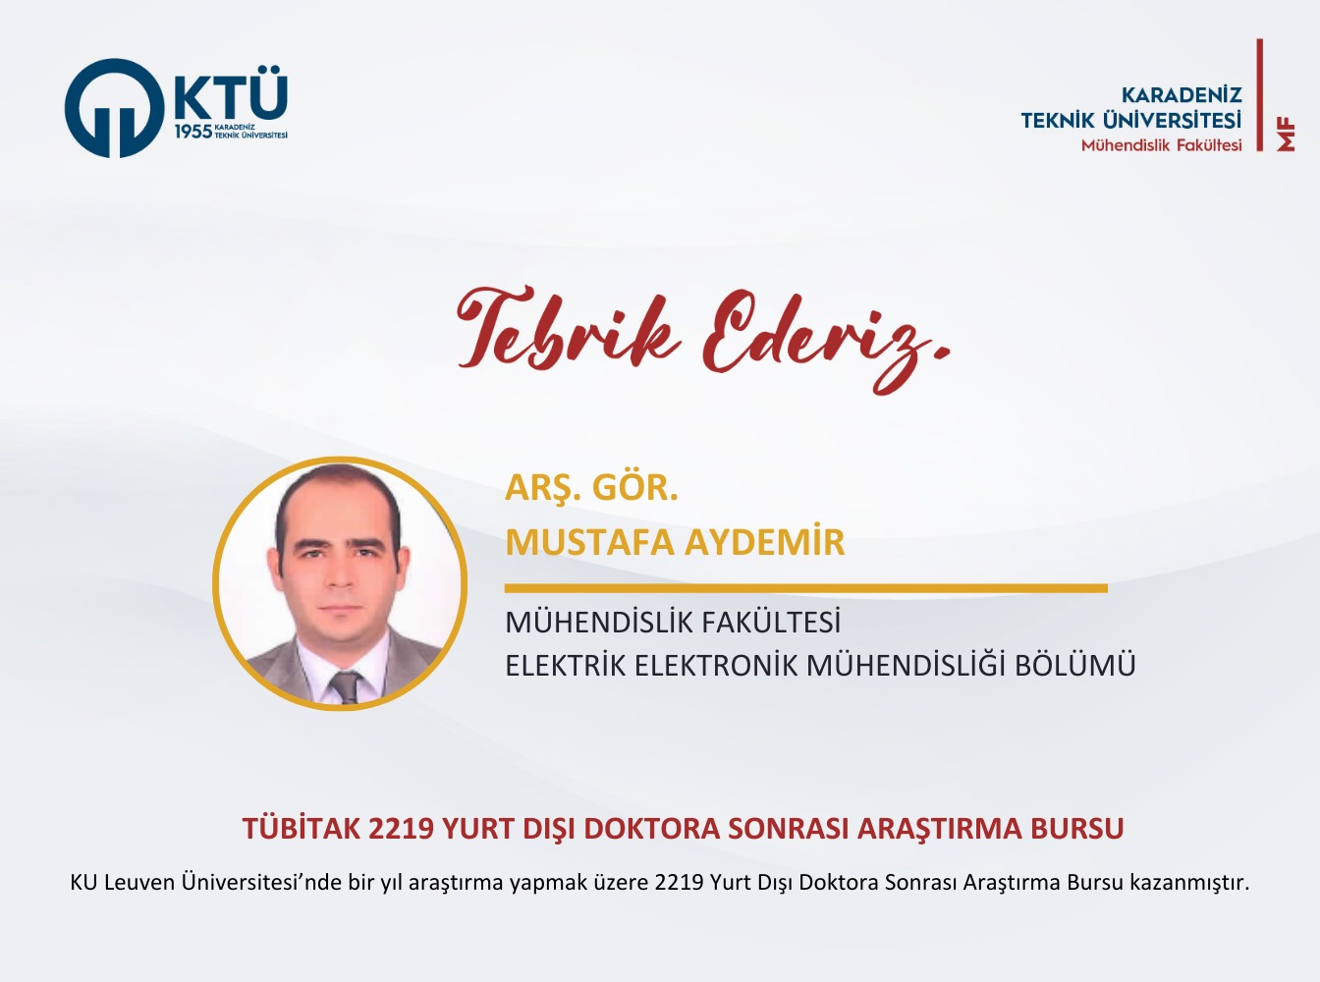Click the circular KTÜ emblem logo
click(x=114, y=108)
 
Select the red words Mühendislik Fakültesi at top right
click(x=1161, y=145)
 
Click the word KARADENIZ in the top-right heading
click(x=1182, y=95)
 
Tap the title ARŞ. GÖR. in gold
click(x=591, y=489)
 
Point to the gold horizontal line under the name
click(x=805, y=588)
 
